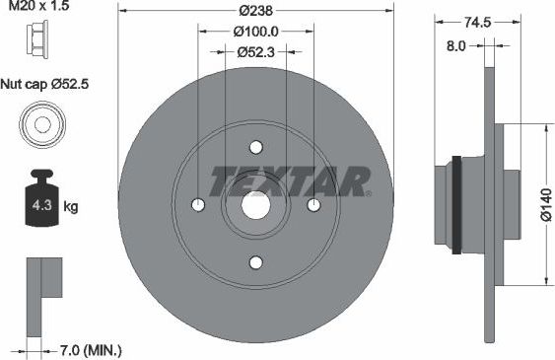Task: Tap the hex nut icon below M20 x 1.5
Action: click(41, 40)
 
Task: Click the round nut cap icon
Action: click(41, 126)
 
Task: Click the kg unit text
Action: click(70, 207)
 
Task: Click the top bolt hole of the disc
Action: click(256, 148)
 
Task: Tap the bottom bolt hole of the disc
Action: click(256, 262)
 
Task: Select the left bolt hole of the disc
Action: click(198, 205)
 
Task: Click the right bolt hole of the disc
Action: click(313, 205)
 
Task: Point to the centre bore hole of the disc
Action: click(256, 205)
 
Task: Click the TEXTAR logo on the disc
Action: click(289, 181)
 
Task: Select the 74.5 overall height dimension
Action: click(477, 21)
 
